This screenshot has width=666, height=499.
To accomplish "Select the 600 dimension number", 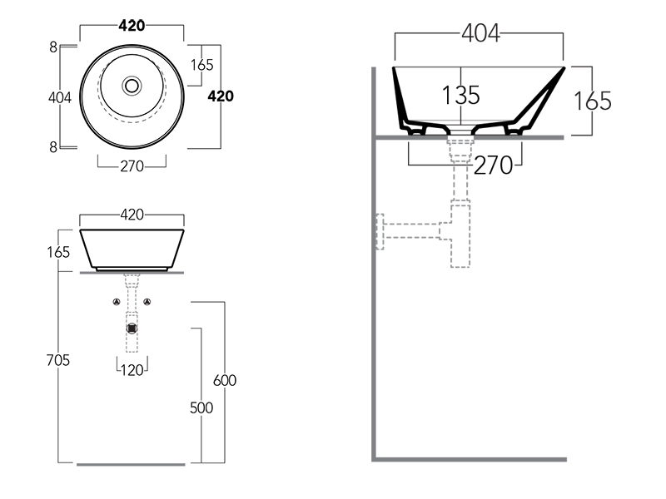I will pos(225,380).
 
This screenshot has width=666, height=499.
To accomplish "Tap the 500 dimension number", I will pos(201,408).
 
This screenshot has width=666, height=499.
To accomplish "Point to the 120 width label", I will pos(132,370).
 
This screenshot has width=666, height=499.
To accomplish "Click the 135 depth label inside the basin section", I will pos(460,95).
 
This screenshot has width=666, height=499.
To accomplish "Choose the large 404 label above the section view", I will pos(480,33).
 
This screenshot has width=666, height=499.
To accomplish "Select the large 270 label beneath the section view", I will pos(493,166).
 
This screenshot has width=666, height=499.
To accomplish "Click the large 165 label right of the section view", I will pos(592,101).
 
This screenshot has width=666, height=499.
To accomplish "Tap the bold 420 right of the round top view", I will pos(221,96).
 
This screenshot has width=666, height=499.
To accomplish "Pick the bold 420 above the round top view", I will pos(132,25).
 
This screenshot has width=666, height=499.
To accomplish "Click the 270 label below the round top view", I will pos(132,166).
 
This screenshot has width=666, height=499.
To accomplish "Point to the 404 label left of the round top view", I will pos(59,97).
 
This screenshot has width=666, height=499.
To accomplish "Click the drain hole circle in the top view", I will pos(132,85).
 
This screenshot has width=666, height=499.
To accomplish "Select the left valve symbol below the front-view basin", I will pos(117,301).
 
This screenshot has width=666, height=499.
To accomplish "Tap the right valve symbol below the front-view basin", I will pos(147,301).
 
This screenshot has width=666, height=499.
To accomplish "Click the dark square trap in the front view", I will pos(132,328).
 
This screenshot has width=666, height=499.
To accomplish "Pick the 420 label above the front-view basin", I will pos(132,215).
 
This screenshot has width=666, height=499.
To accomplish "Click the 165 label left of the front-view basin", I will pos(59,251).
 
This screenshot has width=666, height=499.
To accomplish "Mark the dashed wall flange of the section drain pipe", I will pos(379,231).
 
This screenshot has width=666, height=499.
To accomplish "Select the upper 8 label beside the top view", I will pos(53,47).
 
